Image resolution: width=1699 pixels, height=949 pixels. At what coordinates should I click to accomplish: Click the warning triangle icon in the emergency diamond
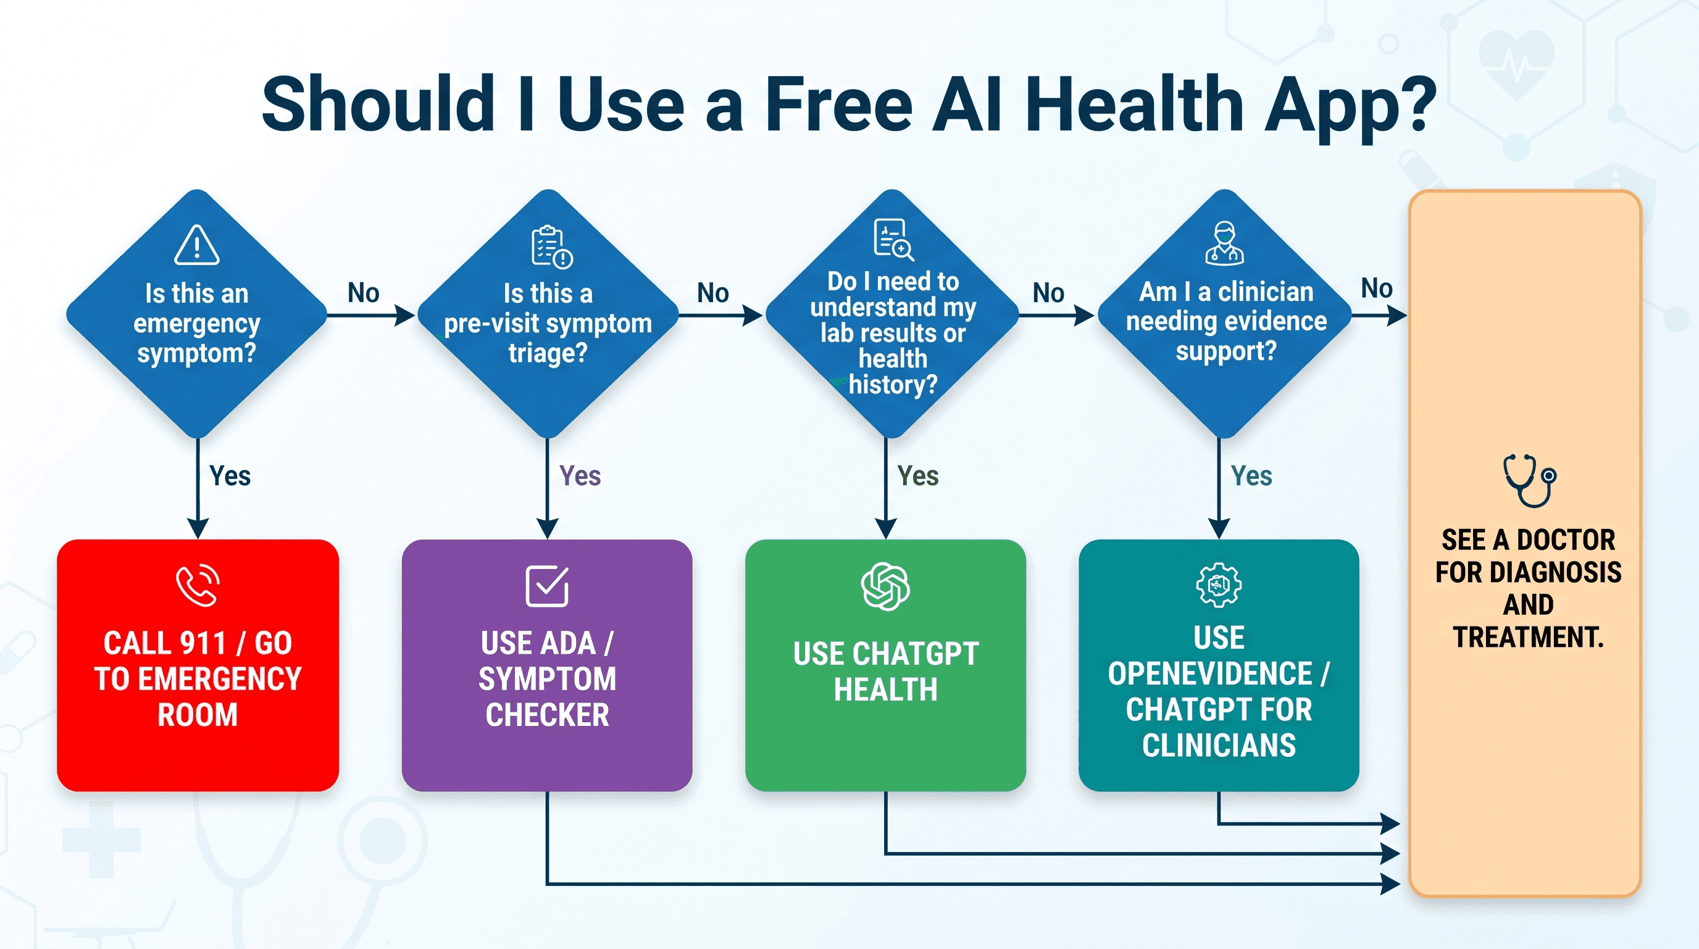pos(196,245)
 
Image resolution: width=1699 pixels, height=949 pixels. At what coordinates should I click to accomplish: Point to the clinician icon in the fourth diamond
pos(1224,243)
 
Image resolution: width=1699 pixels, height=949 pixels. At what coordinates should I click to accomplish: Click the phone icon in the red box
pos(198,584)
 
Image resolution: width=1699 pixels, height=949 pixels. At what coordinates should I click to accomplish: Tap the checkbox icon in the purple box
pos(548,585)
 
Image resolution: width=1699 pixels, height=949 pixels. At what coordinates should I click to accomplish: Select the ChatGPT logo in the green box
pos(885,586)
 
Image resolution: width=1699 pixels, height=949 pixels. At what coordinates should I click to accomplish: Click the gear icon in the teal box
pos(1219,584)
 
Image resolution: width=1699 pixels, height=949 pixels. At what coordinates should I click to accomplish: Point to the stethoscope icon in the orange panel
pos(1529,481)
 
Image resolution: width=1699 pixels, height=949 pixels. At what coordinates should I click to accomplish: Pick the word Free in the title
pos(839,104)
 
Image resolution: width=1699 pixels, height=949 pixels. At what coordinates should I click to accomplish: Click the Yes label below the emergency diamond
pos(230,476)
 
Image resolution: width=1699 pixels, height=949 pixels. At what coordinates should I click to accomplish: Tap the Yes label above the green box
pos(918,476)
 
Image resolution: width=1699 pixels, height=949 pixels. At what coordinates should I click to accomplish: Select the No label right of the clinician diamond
pos(1377,289)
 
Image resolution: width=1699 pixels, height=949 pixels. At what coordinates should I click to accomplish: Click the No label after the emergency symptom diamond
pos(364,293)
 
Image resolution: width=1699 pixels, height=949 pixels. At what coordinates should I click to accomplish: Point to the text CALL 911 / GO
pos(198,643)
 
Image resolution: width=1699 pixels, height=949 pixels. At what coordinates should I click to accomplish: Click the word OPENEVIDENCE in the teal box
pos(1209,674)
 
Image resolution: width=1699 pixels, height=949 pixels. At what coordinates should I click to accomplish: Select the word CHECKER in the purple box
pos(548,715)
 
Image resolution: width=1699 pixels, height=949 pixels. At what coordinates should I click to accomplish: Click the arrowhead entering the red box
pos(198,529)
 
